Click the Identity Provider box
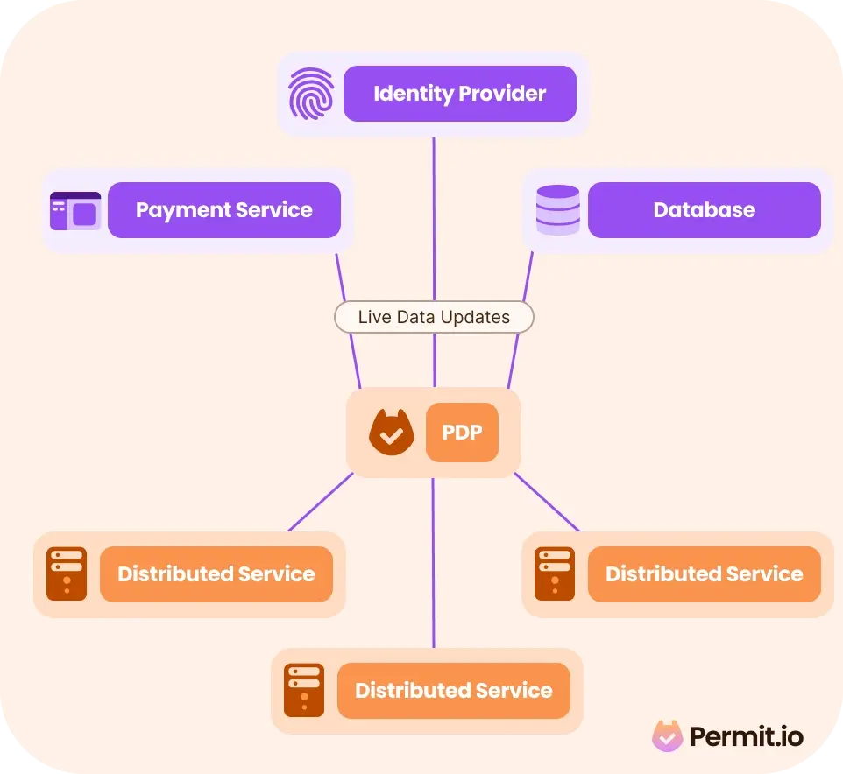460,94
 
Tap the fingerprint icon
311,94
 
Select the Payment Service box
224,210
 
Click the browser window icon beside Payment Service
75,210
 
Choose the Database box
705,210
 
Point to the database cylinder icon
558,210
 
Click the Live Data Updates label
434,317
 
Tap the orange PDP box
462,433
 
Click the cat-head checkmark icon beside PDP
392,433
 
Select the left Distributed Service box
216,574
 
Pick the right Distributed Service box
705,574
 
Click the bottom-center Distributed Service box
454,691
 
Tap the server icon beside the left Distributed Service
67,573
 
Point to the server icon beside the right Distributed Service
555,573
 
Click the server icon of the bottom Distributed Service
304,690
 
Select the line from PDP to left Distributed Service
321,503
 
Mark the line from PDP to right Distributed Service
547,503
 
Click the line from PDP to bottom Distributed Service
433,563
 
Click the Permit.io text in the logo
747,736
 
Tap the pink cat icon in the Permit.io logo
667,735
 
